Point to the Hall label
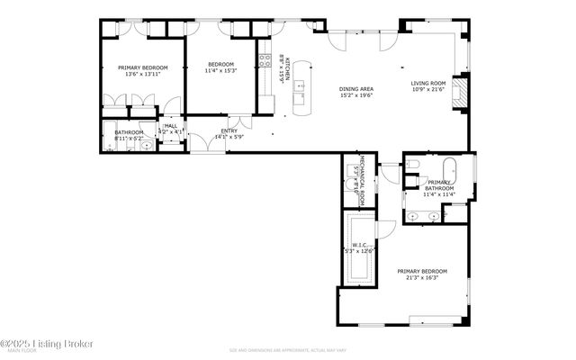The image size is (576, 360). [170, 126]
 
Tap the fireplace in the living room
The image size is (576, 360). [460, 91]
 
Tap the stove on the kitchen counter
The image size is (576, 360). [265, 62]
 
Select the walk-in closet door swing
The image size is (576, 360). [384, 229]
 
